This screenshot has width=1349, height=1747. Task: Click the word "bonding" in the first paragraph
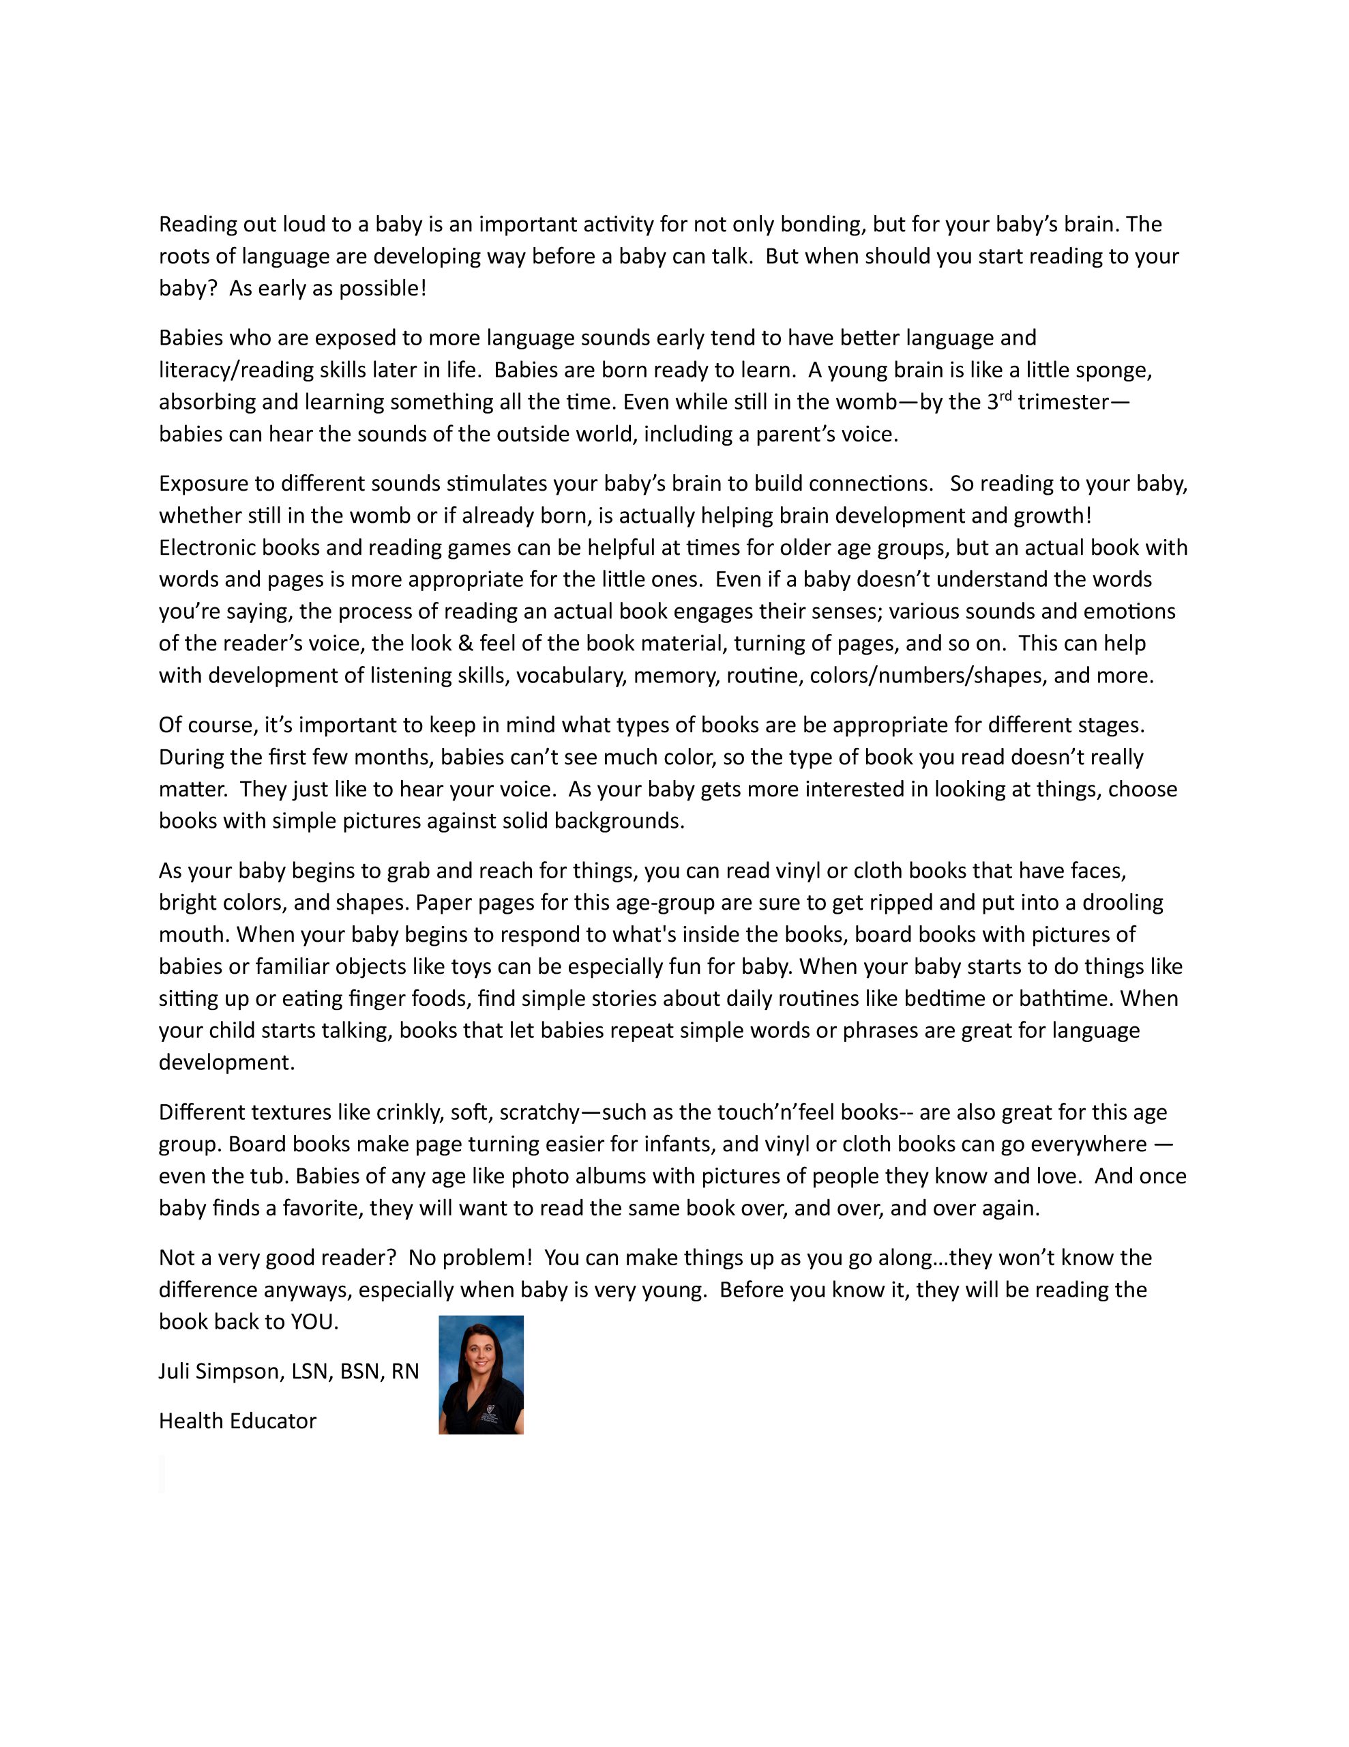coord(822,225)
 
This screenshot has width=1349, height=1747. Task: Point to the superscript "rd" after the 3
coord(1005,396)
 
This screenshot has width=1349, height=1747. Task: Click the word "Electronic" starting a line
coord(207,548)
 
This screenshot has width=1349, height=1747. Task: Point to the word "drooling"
coord(1123,903)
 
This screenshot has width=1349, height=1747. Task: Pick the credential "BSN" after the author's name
coord(361,1372)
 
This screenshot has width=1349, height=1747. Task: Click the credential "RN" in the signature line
coord(405,1372)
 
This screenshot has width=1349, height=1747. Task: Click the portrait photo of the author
coord(481,1375)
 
